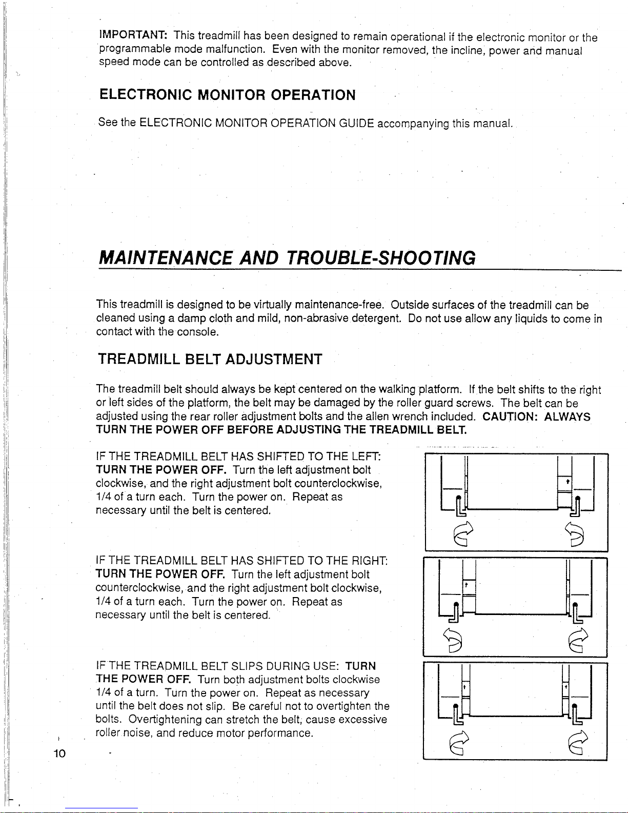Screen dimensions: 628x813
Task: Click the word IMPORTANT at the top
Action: (x=133, y=35)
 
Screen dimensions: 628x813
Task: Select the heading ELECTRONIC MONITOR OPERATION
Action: (x=227, y=95)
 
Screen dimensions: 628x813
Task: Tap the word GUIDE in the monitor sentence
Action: (x=356, y=123)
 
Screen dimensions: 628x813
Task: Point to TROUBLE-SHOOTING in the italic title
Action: (x=381, y=258)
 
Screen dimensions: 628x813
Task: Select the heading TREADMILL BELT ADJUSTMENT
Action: (x=210, y=359)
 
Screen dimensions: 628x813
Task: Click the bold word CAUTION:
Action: (x=510, y=417)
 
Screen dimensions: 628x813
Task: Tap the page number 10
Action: (x=59, y=753)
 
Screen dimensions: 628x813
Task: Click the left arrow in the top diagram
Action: (x=463, y=533)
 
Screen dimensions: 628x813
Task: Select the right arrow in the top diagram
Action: (x=574, y=534)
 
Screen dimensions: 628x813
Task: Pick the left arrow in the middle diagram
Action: (x=452, y=640)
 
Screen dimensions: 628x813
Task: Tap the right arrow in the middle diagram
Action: (x=578, y=640)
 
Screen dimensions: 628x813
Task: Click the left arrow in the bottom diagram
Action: (x=459, y=743)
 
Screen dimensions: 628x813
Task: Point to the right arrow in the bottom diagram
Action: (x=578, y=743)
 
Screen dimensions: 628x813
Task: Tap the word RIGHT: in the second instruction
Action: (x=370, y=560)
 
